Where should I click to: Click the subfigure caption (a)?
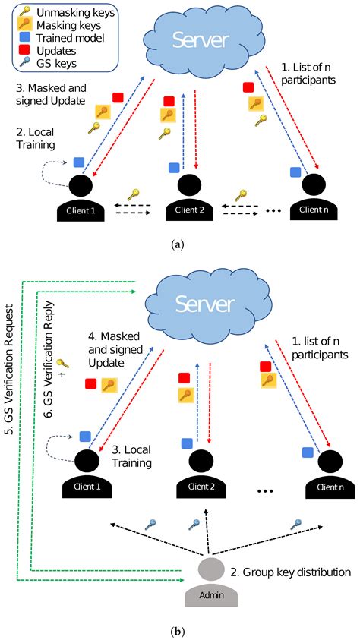pos(180,244)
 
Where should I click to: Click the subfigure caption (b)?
pos(180,629)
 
